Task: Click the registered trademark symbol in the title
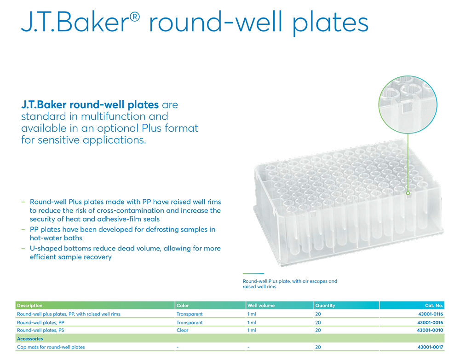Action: point(134,17)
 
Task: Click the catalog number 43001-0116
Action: point(431,314)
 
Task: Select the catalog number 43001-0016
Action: point(430,322)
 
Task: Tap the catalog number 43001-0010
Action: point(430,330)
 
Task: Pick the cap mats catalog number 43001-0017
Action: point(431,347)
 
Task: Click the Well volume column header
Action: point(261,305)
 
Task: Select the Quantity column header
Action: point(325,305)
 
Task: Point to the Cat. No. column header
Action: point(434,305)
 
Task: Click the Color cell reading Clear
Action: point(183,330)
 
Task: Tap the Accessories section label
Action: point(30,338)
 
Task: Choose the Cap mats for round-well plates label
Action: point(51,347)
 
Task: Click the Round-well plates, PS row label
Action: point(40,330)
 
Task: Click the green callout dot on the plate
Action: point(408,193)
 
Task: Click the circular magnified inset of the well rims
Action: point(408,104)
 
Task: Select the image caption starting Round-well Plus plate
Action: point(290,284)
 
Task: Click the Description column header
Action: point(29,305)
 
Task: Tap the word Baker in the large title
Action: point(92,22)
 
